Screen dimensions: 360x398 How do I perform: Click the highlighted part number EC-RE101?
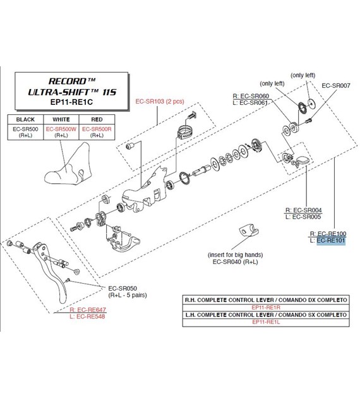(x=331, y=240)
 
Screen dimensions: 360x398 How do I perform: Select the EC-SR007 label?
(x=336, y=85)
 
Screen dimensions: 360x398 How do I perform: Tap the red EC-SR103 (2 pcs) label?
(x=160, y=101)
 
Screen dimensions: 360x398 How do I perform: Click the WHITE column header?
(x=61, y=119)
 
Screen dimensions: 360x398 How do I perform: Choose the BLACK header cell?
(x=25, y=119)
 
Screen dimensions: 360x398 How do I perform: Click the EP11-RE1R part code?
(x=266, y=308)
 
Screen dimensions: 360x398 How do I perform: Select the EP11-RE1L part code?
(x=266, y=322)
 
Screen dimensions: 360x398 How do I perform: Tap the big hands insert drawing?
(x=249, y=230)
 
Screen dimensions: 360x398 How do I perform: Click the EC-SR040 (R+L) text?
(x=235, y=262)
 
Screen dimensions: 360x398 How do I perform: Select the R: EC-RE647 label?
(x=88, y=310)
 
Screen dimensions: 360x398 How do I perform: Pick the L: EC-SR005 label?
(x=303, y=217)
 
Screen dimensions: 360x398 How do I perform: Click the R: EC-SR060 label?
(x=251, y=96)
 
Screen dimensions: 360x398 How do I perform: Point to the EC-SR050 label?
(x=123, y=288)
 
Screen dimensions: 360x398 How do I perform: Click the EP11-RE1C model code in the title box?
(x=71, y=102)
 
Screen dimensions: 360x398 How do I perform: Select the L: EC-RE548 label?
(x=87, y=317)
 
